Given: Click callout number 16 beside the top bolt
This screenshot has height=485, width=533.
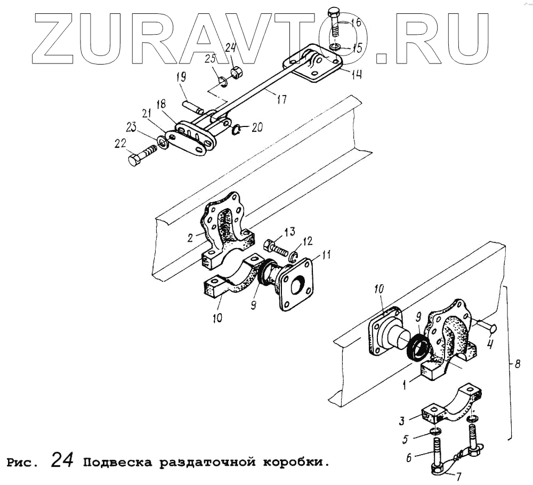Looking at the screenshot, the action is pyautogui.click(x=356, y=22).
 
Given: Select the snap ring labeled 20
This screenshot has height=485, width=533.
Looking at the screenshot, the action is pyautogui.click(x=237, y=128).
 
